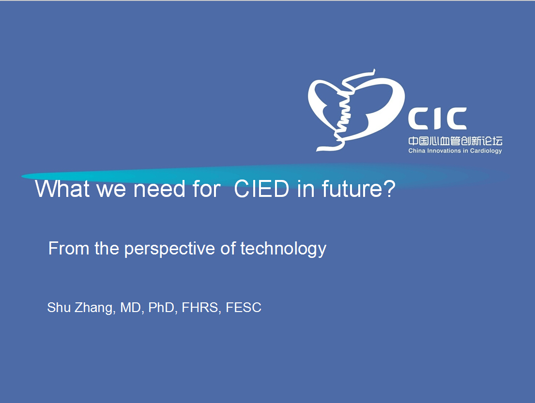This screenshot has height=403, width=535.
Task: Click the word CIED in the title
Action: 261,189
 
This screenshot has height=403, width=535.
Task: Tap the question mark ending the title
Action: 389,189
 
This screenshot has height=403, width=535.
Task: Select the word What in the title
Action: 62,189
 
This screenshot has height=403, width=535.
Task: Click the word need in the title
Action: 159,189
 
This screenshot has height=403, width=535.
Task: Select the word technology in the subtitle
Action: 283,249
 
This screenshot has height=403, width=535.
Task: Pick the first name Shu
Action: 59,308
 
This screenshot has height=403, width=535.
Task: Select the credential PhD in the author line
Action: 163,308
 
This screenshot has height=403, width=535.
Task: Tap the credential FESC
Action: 244,308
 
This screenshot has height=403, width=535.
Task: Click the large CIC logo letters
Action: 437,119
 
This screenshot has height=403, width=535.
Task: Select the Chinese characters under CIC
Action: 455,141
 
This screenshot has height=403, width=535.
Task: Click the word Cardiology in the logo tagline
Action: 486,151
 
